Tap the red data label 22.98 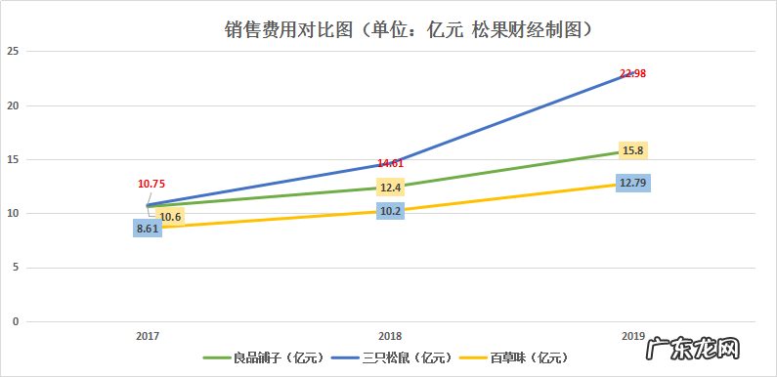632,73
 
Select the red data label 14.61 391,164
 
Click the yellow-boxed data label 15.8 632,150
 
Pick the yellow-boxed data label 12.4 391,187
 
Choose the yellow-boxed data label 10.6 170,217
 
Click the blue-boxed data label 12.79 632,183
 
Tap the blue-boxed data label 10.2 391,210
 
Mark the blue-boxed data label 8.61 148,228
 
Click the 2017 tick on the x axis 148,335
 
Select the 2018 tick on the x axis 390,335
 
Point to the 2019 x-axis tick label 632,335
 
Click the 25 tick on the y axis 14,52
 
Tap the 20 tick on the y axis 14,105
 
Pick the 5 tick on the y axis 16,268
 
